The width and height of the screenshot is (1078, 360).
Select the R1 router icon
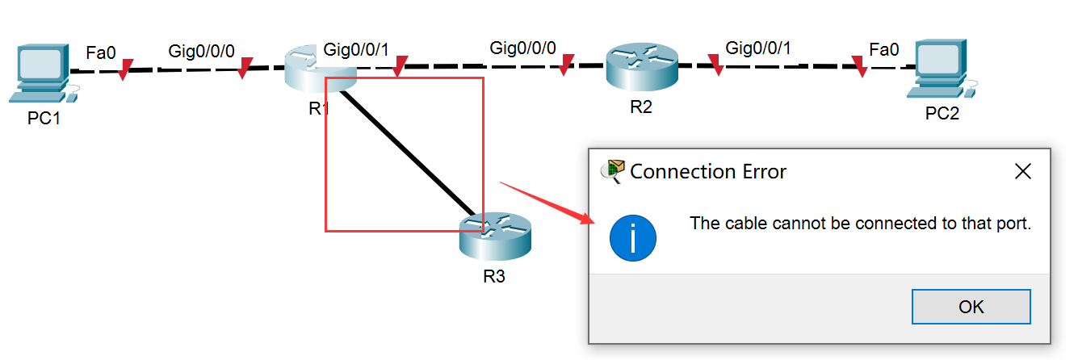coord(320,69)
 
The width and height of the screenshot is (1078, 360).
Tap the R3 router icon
coord(495,234)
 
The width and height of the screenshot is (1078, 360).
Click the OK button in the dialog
coord(971,307)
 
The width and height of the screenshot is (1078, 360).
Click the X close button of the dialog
coord(1023,171)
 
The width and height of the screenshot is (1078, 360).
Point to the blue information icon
coord(633,238)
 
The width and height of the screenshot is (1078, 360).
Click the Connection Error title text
coord(707,171)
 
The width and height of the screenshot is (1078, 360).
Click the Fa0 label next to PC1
coord(101,53)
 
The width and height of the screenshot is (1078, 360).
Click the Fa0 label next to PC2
coord(884,49)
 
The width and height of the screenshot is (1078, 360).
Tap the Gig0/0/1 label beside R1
coord(356,49)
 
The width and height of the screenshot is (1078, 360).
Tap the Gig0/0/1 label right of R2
coord(758,48)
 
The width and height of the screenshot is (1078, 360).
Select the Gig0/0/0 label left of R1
coord(201,51)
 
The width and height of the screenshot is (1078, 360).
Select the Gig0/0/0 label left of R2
coord(522,48)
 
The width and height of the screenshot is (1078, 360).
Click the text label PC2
coord(942,113)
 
